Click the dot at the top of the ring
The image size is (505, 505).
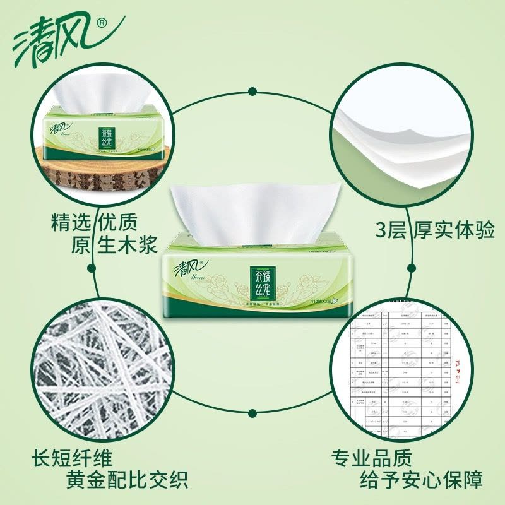(252, 90)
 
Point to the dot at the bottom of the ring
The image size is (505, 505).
(252, 413)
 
